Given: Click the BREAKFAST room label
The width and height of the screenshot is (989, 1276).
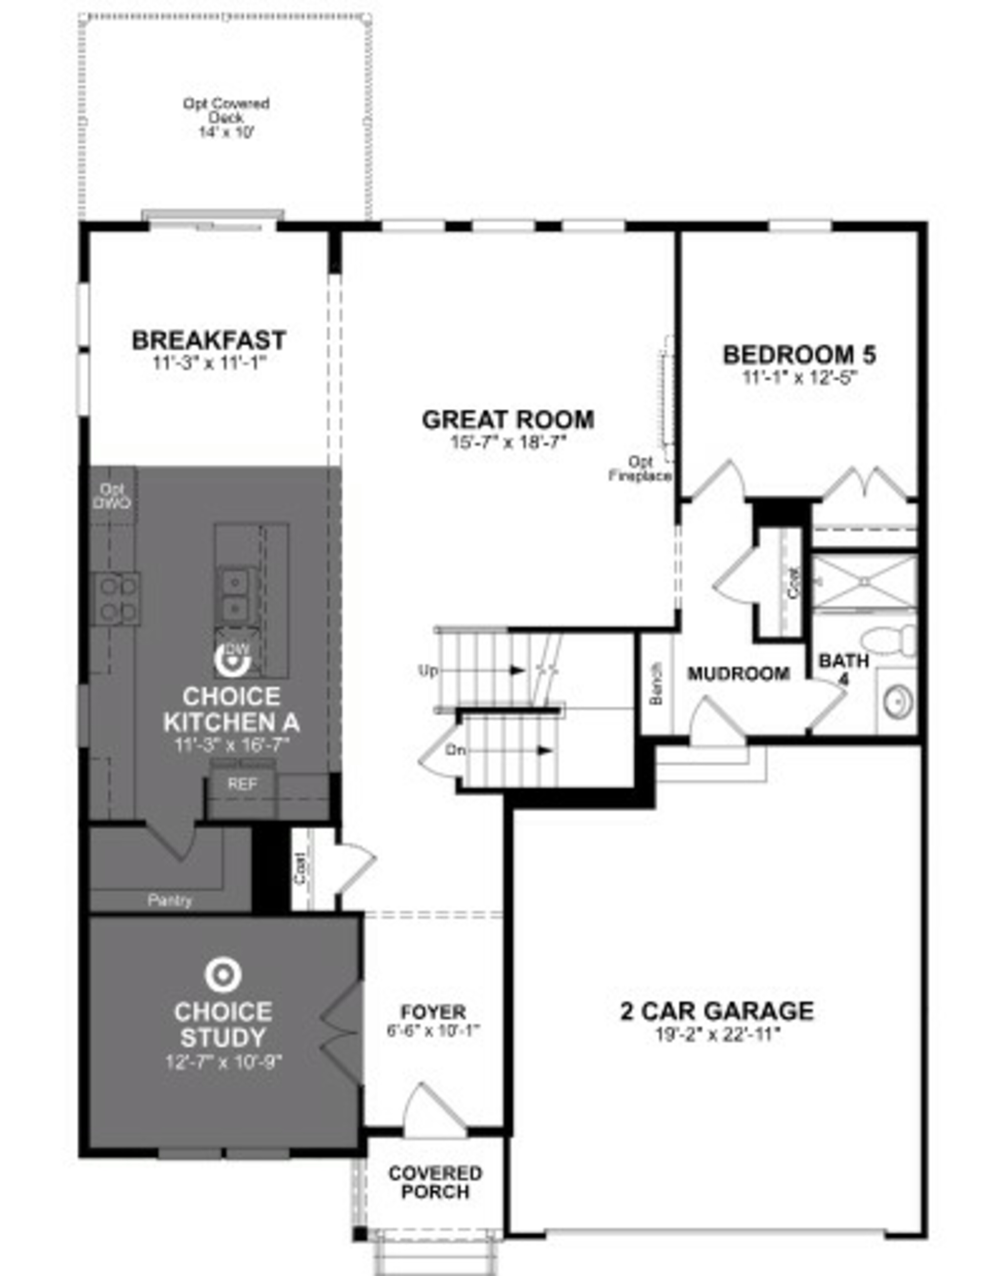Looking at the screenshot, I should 209,340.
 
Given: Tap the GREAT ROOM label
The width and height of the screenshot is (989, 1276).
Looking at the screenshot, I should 508,419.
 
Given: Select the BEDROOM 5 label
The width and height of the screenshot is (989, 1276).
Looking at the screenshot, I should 799,355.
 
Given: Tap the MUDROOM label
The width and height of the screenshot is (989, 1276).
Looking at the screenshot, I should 738,674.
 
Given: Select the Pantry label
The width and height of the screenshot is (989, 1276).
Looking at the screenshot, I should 169,900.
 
